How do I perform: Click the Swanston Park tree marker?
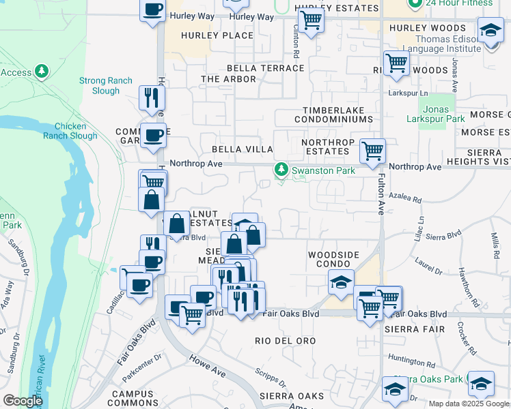[280, 170]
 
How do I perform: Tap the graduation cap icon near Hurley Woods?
[490, 30]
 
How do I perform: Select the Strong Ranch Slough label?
[105, 85]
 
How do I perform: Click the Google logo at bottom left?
[23, 401]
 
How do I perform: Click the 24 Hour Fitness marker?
[414, 3]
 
